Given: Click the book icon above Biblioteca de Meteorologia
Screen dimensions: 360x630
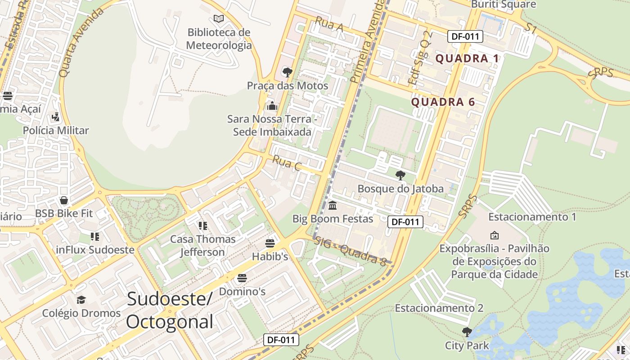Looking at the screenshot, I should [x=219, y=19].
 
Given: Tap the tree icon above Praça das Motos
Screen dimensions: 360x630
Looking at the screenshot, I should [x=287, y=72].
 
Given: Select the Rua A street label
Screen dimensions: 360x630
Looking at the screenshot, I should [x=329, y=24].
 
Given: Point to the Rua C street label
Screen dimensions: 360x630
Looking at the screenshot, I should [x=287, y=163].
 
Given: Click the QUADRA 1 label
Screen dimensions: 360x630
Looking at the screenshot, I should [x=468, y=58].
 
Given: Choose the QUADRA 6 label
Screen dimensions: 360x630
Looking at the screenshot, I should [x=443, y=102].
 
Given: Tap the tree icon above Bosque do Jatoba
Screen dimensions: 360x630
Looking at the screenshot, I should [x=400, y=175].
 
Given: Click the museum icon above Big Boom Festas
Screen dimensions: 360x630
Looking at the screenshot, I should [x=333, y=206].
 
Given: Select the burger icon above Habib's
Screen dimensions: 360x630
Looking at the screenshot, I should [x=270, y=243].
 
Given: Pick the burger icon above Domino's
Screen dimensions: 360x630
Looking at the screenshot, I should [x=242, y=278].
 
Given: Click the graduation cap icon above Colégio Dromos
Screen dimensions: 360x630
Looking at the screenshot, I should [x=81, y=300].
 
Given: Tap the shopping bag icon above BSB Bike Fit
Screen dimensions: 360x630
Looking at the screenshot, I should [x=64, y=200].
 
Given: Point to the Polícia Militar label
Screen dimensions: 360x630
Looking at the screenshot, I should [x=56, y=130].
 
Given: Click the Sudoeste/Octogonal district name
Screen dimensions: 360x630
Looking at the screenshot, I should [x=169, y=310].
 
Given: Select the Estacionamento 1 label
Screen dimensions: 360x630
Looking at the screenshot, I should [x=532, y=217].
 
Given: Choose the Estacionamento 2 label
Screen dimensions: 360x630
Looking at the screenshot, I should [x=439, y=308].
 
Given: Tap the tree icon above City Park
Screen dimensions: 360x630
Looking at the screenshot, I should [x=467, y=332].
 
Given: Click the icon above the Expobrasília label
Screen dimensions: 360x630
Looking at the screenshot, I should [x=494, y=235].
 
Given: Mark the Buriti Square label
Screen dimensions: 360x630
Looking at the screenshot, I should [x=504, y=4].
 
